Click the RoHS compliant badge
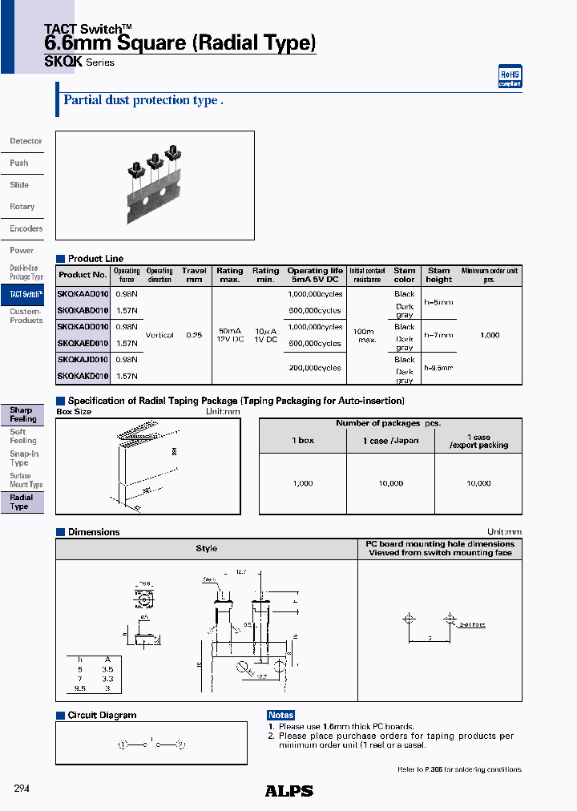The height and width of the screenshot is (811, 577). coord(510,76)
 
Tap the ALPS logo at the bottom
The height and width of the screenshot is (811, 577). coord(288,791)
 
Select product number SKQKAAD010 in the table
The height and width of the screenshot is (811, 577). coord(83,294)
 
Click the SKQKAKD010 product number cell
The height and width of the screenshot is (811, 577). coord(83,376)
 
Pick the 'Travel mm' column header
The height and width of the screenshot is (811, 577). coord(194,275)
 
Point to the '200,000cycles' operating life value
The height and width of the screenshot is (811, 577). coord(314,368)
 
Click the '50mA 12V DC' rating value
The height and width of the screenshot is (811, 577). coord(229,335)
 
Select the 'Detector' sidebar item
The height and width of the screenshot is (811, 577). coord(26,141)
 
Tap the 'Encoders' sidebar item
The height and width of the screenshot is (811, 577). coord(26,228)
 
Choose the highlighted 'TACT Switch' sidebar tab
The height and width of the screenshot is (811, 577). coord(26,295)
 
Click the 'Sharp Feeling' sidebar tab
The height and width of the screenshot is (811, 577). coord(22,414)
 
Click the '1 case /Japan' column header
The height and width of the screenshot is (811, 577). coord(390,441)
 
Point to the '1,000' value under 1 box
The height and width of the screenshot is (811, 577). coord(303,483)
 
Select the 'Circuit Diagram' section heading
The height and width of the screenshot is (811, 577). coord(102,715)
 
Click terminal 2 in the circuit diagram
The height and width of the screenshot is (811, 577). coord(180,744)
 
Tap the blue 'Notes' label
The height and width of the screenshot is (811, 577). coord(280,715)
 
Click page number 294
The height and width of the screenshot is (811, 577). coord(22,789)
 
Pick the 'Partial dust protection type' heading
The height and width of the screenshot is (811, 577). coord(143,101)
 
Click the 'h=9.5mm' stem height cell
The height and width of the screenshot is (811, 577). coord(438,368)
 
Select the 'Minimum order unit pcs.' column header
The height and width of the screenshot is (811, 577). coord(489,275)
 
